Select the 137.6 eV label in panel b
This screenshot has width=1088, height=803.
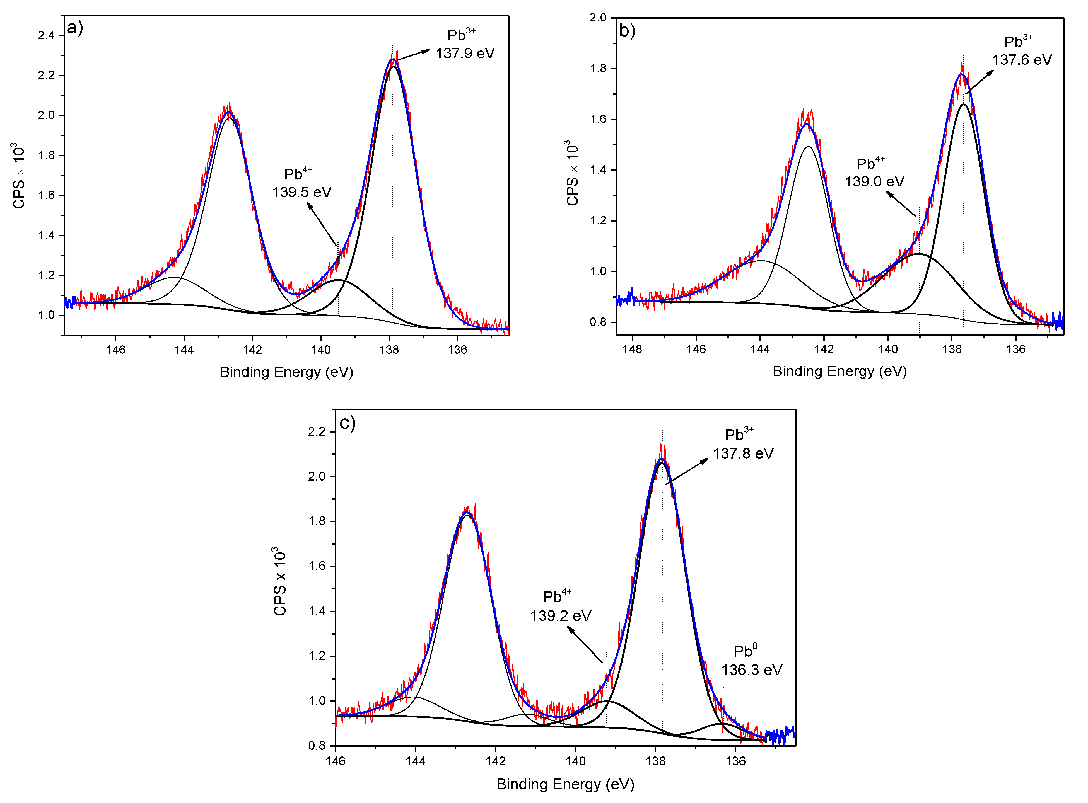point(1022,60)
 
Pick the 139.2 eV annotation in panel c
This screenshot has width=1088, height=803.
point(560,616)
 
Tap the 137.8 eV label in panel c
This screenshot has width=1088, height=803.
point(743,453)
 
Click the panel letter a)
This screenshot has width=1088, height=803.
point(75,27)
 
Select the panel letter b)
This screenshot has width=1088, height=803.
point(627,31)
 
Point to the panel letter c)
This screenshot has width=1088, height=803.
point(347,423)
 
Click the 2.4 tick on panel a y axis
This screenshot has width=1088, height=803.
point(46,35)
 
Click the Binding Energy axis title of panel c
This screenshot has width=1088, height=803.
point(565,784)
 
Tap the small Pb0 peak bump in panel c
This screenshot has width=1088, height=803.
point(722,724)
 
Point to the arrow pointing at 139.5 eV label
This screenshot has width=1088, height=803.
point(322,224)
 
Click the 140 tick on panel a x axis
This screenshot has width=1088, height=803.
point(320,350)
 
